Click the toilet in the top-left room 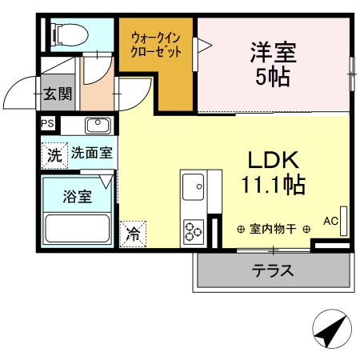click(64, 34)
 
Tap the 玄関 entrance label click(58, 94)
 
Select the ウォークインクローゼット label click(156, 44)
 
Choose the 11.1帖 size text click(272, 185)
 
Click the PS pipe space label click(48, 123)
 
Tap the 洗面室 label click(91, 152)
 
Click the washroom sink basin click(97, 125)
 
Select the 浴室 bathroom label click(78, 194)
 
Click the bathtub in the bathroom click(78, 228)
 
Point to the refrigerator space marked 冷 click(133, 234)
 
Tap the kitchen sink click(194, 189)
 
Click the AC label click(330, 221)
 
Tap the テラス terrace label click(273, 270)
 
